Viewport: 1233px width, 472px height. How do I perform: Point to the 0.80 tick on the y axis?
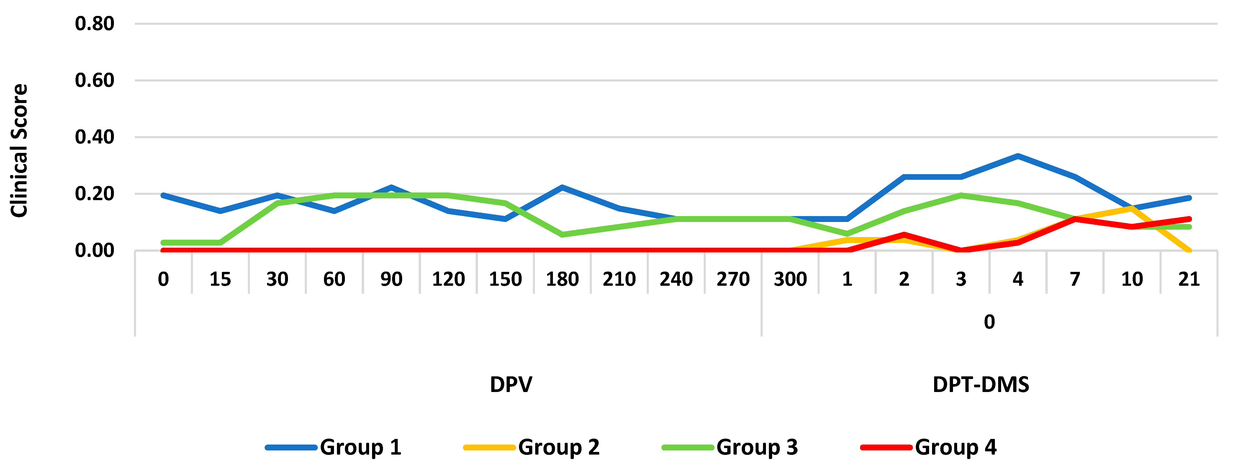pos(94,23)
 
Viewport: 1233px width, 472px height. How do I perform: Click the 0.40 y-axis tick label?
pos(94,137)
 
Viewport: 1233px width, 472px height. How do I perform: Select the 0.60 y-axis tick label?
pos(94,80)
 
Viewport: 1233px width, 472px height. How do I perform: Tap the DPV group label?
pos(511,384)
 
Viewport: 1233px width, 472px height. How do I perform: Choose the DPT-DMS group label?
pos(981,384)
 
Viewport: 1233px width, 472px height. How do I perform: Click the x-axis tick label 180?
pos(562,279)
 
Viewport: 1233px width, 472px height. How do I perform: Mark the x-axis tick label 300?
pos(790,279)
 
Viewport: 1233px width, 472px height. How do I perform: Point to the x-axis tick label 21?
pos(1189,279)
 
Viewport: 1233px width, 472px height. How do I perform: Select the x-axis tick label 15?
pos(220,279)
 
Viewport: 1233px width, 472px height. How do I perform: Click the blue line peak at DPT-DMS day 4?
pos(1018,156)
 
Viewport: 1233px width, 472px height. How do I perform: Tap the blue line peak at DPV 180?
pos(562,187)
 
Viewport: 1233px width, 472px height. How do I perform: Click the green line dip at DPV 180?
pos(562,235)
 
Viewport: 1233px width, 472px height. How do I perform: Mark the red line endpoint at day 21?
pos(1189,219)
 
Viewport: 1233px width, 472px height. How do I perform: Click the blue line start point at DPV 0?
pos(163,195)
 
